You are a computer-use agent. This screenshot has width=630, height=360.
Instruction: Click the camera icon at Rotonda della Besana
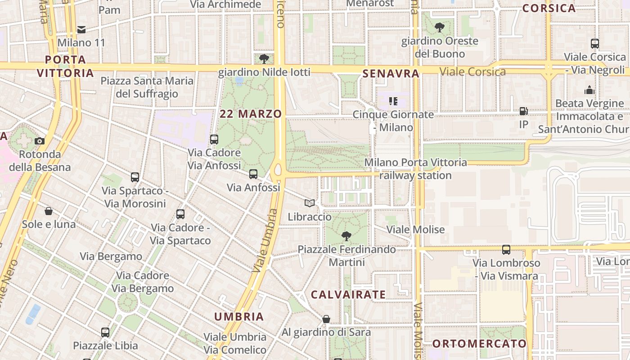click(x=40, y=141)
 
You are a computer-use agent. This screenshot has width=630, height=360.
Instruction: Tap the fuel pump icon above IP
click(x=523, y=111)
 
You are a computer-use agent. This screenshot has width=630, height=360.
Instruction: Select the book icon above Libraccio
click(x=310, y=203)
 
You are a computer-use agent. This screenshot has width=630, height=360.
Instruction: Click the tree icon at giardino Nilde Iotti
click(x=264, y=58)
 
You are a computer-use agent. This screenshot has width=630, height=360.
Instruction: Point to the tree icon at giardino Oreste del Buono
click(x=439, y=27)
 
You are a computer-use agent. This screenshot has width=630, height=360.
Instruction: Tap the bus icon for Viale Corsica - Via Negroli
click(x=595, y=44)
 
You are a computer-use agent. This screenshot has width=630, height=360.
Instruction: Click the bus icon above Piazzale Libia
click(x=105, y=333)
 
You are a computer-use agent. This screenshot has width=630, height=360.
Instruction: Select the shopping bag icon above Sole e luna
click(x=49, y=211)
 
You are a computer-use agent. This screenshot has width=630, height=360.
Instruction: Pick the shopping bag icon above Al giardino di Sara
click(x=326, y=319)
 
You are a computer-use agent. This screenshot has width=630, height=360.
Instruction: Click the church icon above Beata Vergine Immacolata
click(x=589, y=90)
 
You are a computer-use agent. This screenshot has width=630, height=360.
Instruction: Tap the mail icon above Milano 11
click(x=81, y=30)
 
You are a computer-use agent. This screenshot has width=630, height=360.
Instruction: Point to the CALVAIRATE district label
click(x=348, y=295)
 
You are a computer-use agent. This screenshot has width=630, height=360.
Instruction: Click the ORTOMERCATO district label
click(x=479, y=344)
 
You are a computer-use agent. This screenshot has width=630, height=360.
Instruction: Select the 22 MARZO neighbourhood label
click(x=251, y=114)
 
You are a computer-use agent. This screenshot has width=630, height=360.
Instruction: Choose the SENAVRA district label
click(x=391, y=73)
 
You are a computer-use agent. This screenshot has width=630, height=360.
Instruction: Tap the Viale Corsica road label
click(x=472, y=72)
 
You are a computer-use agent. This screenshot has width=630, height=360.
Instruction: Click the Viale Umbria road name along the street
click(x=265, y=240)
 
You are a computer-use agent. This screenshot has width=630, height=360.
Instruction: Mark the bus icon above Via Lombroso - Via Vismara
click(x=506, y=250)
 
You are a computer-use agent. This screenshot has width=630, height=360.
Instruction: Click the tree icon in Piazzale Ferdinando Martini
click(x=346, y=236)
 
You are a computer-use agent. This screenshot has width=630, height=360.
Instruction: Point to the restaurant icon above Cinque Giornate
click(x=393, y=101)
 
